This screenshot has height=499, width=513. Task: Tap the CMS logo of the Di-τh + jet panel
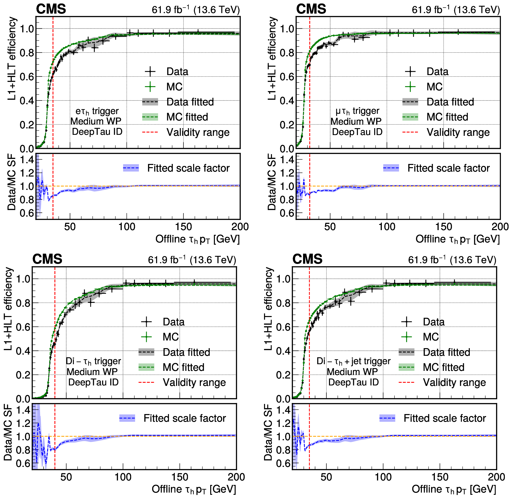click(x=307, y=259)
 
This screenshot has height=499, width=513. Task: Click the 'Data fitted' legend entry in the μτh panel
click(x=450, y=102)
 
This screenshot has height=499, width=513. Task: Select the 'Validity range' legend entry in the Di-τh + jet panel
click(x=454, y=382)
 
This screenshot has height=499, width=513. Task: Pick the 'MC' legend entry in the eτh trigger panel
click(x=174, y=87)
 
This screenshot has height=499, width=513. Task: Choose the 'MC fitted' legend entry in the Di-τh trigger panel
click(x=183, y=367)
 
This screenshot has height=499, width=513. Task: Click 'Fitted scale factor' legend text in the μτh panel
click(x=448, y=168)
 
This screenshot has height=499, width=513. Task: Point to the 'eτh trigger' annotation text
click(x=97, y=111)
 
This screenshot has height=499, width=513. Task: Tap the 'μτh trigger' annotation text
click(x=357, y=111)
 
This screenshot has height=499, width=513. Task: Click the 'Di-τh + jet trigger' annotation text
click(x=353, y=361)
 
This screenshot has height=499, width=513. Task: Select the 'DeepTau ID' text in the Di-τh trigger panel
click(x=93, y=382)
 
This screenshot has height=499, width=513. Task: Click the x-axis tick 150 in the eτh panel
click(x=183, y=226)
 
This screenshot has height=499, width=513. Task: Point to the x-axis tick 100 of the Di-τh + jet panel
click(x=383, y=477)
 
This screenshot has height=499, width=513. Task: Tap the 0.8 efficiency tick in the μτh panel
click(x=286, y=53)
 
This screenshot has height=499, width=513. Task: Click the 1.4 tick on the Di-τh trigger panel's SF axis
click(x=23, y=410)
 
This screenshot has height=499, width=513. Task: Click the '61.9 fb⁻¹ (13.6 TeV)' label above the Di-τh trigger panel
click(x=192, y=260)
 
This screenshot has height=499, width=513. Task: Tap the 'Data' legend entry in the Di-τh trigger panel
click(x=173, y=322)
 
